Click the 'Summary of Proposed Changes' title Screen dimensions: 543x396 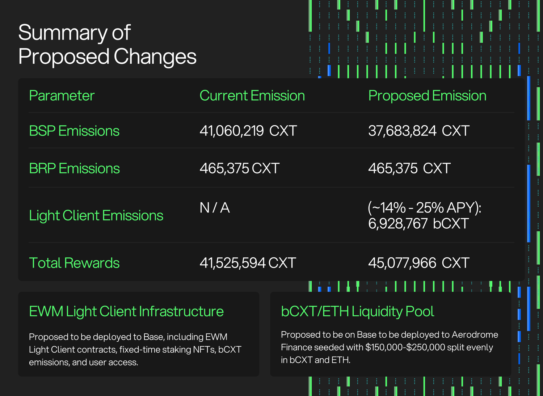point(107,45)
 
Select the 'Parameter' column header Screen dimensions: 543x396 point(62,96)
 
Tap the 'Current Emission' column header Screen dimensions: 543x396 point(252,96)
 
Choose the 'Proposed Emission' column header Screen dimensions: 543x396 point(427,96)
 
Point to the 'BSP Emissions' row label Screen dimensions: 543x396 point(74,131)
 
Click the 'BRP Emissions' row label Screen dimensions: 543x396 point(75,168)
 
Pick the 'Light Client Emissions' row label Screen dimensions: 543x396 point(96,215)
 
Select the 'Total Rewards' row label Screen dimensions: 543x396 point(74,263)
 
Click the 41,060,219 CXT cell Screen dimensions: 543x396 point(248,131)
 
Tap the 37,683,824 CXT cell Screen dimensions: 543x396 point(419,131)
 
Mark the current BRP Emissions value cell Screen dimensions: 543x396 point(240,168)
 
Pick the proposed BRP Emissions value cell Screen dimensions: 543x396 point(409,168)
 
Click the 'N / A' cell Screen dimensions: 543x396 point(215,208)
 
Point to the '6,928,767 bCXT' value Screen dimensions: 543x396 point(418,223)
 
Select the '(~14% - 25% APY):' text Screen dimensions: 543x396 point(425,208)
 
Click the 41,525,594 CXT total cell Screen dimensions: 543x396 point(248,263)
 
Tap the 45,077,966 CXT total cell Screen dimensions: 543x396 point(419,263)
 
